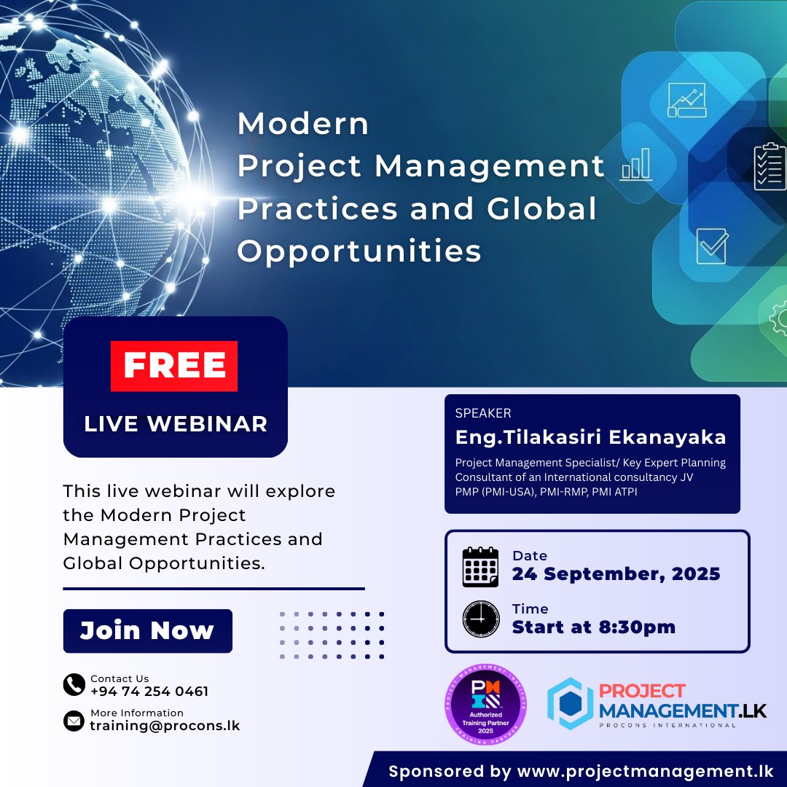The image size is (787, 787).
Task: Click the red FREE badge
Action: tap(174, 366)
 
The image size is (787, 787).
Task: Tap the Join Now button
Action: tap(147, 631)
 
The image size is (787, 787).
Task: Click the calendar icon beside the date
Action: tap(480, 567)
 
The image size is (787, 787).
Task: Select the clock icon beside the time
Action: tap(481, 619)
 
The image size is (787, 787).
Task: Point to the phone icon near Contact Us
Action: tap(74, 684)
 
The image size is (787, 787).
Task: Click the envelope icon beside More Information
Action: tap(74, 721)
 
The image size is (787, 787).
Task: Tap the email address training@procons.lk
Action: tap(165, 726)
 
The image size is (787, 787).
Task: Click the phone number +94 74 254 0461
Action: tap(149, 691)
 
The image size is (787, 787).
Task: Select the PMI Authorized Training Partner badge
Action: tap(485, 704)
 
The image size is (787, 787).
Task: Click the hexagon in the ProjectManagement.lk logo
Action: tap(570, 703)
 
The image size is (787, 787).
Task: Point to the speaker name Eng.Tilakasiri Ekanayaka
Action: tap(590, 437)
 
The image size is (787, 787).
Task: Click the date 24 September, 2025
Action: tap(616, 573)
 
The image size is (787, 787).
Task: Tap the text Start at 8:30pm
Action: tap(594, 627)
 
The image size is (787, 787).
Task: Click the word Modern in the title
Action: tap(303, 123)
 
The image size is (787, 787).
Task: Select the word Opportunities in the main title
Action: tap(359, 251)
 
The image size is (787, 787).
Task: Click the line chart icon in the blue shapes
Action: tap(686, 100)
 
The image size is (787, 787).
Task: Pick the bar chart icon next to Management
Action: tap(636, 164)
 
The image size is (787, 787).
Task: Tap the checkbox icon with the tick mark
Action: tap(712, 246)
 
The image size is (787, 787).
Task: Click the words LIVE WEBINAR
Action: tap(176, 424)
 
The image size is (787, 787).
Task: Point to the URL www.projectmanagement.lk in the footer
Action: tap(646, 772)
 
